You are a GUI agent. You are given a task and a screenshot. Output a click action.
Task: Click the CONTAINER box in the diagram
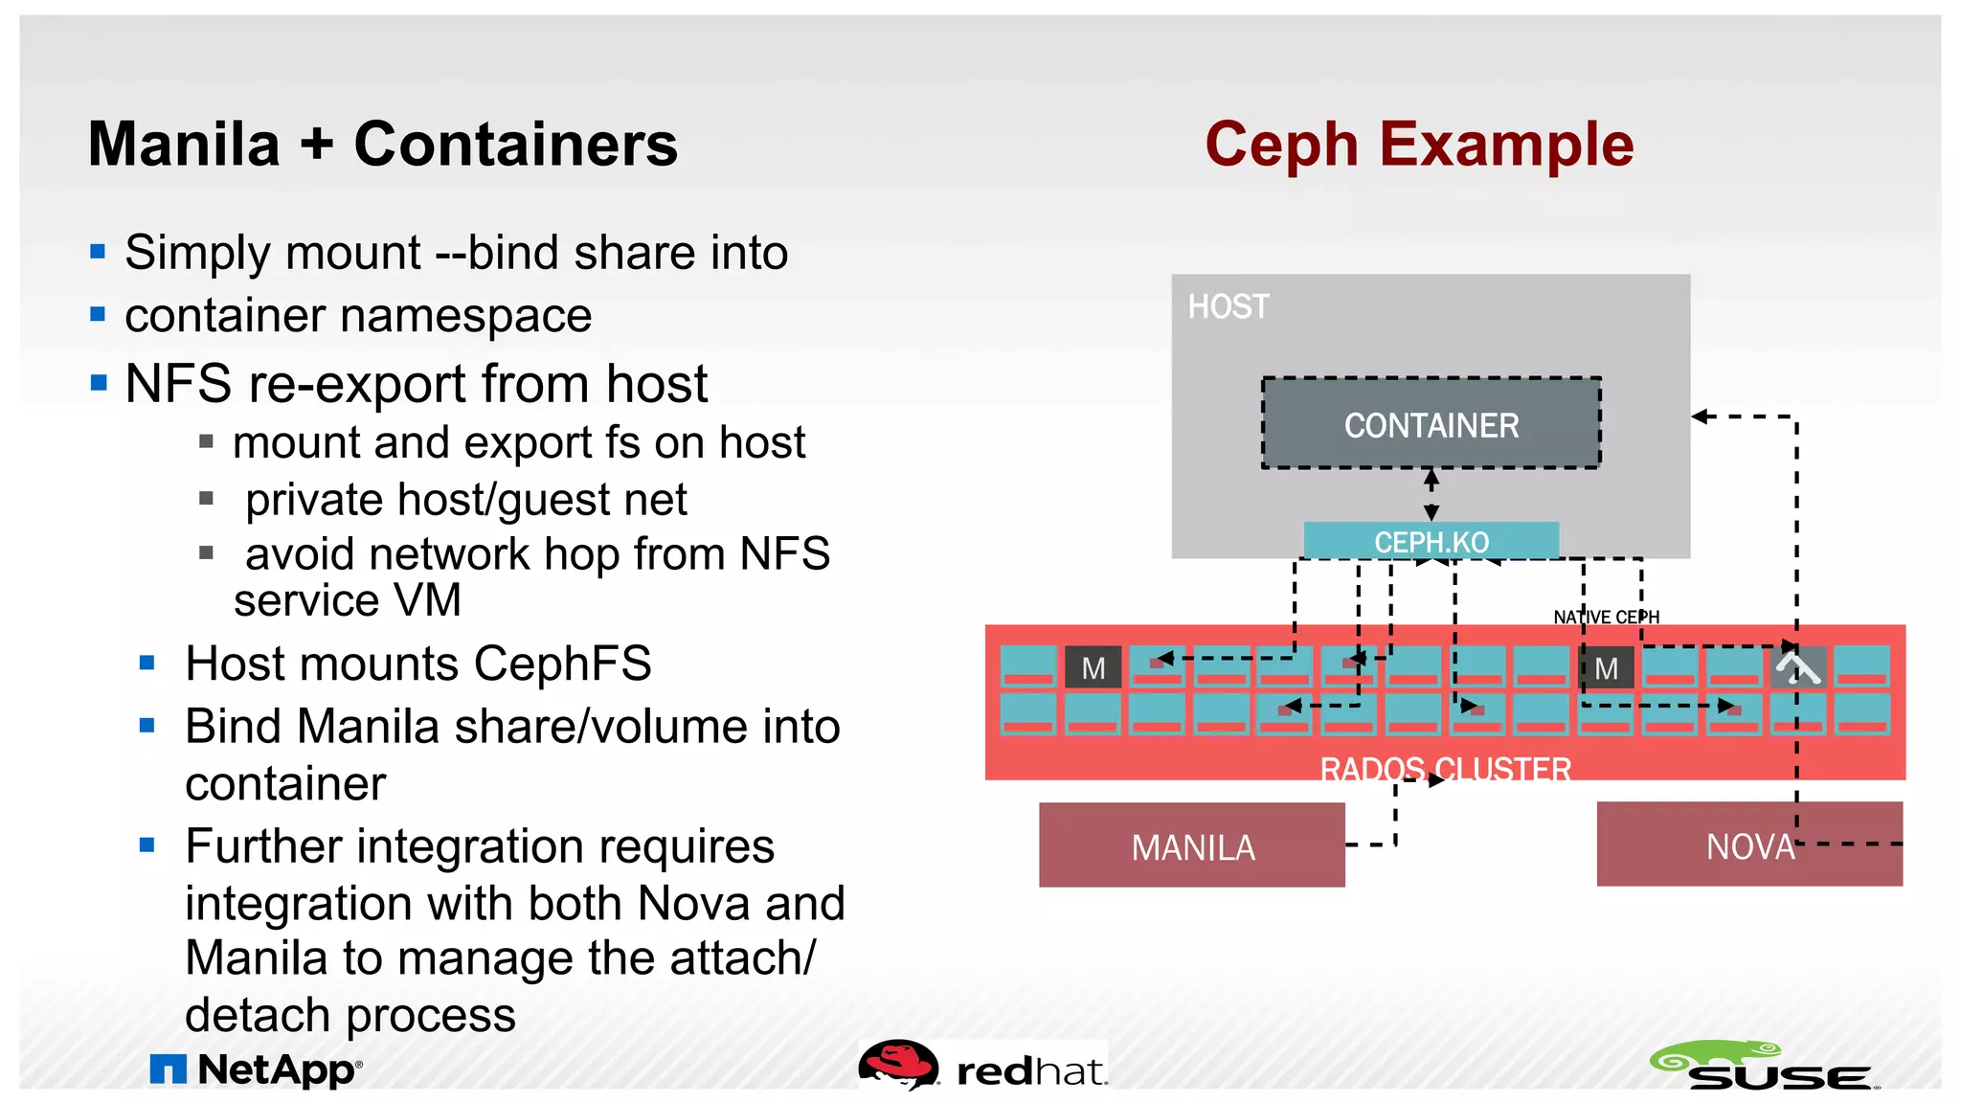tap(1431, 424)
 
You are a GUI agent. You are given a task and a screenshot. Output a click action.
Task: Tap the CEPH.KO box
tap(1431, 541)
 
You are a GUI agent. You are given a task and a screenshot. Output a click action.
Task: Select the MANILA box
tap(1192, 846)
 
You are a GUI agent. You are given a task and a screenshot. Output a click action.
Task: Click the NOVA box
tap(1748, 845)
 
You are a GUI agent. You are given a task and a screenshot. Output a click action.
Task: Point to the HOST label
tap(1228, 306)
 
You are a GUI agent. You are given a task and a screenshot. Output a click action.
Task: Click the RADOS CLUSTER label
tap(1445, 768)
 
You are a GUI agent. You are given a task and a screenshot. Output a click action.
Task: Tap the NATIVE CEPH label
tap(1606, 617)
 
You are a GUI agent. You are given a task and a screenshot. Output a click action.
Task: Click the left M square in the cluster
tap(1093, 667)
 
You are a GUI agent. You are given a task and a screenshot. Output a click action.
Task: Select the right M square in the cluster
tap(1606, 667)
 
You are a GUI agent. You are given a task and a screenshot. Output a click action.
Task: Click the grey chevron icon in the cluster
tap(1797, 667)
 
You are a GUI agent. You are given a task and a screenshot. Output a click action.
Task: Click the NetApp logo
tap(257, 1069)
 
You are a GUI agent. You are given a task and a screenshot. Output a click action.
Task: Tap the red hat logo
tap(983, 1067)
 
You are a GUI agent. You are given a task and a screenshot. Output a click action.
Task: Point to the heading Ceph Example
tap(1418, 145)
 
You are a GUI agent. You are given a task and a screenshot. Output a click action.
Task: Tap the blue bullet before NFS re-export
tap(98, 384)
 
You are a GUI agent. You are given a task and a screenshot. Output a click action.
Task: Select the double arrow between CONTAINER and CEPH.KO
tap(1431, 494)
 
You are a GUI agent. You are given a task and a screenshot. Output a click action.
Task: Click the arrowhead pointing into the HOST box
tap(1701, 416)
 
